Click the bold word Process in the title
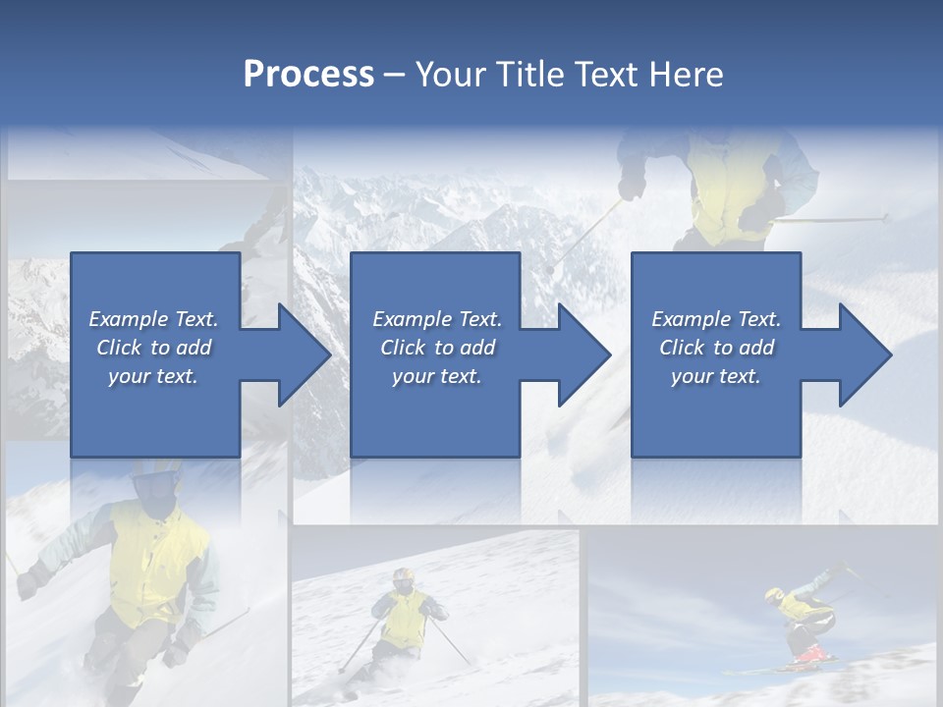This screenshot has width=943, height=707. pyautogui.click(x=308, y=75)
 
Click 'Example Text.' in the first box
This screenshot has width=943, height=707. pyautogui.click(x=153, y=319)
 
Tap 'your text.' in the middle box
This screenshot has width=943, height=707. pyautogui.click(x=436, y=376)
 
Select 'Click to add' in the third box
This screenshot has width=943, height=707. pyautogui.click(x=716, y=348)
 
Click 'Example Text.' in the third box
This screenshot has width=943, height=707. pyautogui.click(x=716, y=319)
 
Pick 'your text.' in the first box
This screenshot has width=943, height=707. pyautogui.click(x=153, y=376)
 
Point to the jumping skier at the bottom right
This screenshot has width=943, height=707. pyautogui.click(x=801, y=619)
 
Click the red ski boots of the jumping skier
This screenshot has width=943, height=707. pyautogui.click(x=807, y=653)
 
